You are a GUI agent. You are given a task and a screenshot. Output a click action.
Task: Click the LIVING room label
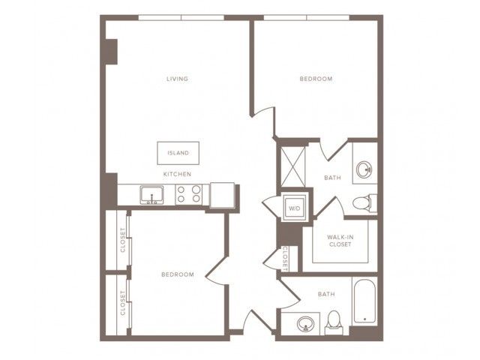177,79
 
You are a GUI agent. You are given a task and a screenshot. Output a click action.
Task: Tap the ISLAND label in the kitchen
178,153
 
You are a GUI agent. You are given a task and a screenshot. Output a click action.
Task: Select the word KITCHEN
177,174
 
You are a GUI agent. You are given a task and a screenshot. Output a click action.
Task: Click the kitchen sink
151,195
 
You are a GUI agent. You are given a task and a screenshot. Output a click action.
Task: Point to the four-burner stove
188,194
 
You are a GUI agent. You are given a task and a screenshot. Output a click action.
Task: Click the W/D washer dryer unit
295,208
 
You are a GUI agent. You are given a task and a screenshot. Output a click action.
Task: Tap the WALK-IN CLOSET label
340,241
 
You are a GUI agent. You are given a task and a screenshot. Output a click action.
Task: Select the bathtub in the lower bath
364,301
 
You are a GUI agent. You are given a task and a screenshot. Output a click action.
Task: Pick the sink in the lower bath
305,323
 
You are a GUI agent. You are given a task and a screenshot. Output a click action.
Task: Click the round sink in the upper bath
364,170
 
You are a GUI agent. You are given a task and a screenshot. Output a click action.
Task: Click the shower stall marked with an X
293,166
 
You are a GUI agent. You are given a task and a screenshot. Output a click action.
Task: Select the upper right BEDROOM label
316,79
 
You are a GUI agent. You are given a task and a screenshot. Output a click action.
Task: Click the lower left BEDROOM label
178,274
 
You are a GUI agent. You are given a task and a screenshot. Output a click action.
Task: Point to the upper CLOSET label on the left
123,240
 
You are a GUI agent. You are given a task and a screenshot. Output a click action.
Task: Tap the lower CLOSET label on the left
123,303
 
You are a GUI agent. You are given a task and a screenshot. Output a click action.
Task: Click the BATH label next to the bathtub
326,294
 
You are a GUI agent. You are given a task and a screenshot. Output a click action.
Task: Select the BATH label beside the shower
332,178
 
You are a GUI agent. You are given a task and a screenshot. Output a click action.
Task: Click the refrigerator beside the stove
223,195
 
